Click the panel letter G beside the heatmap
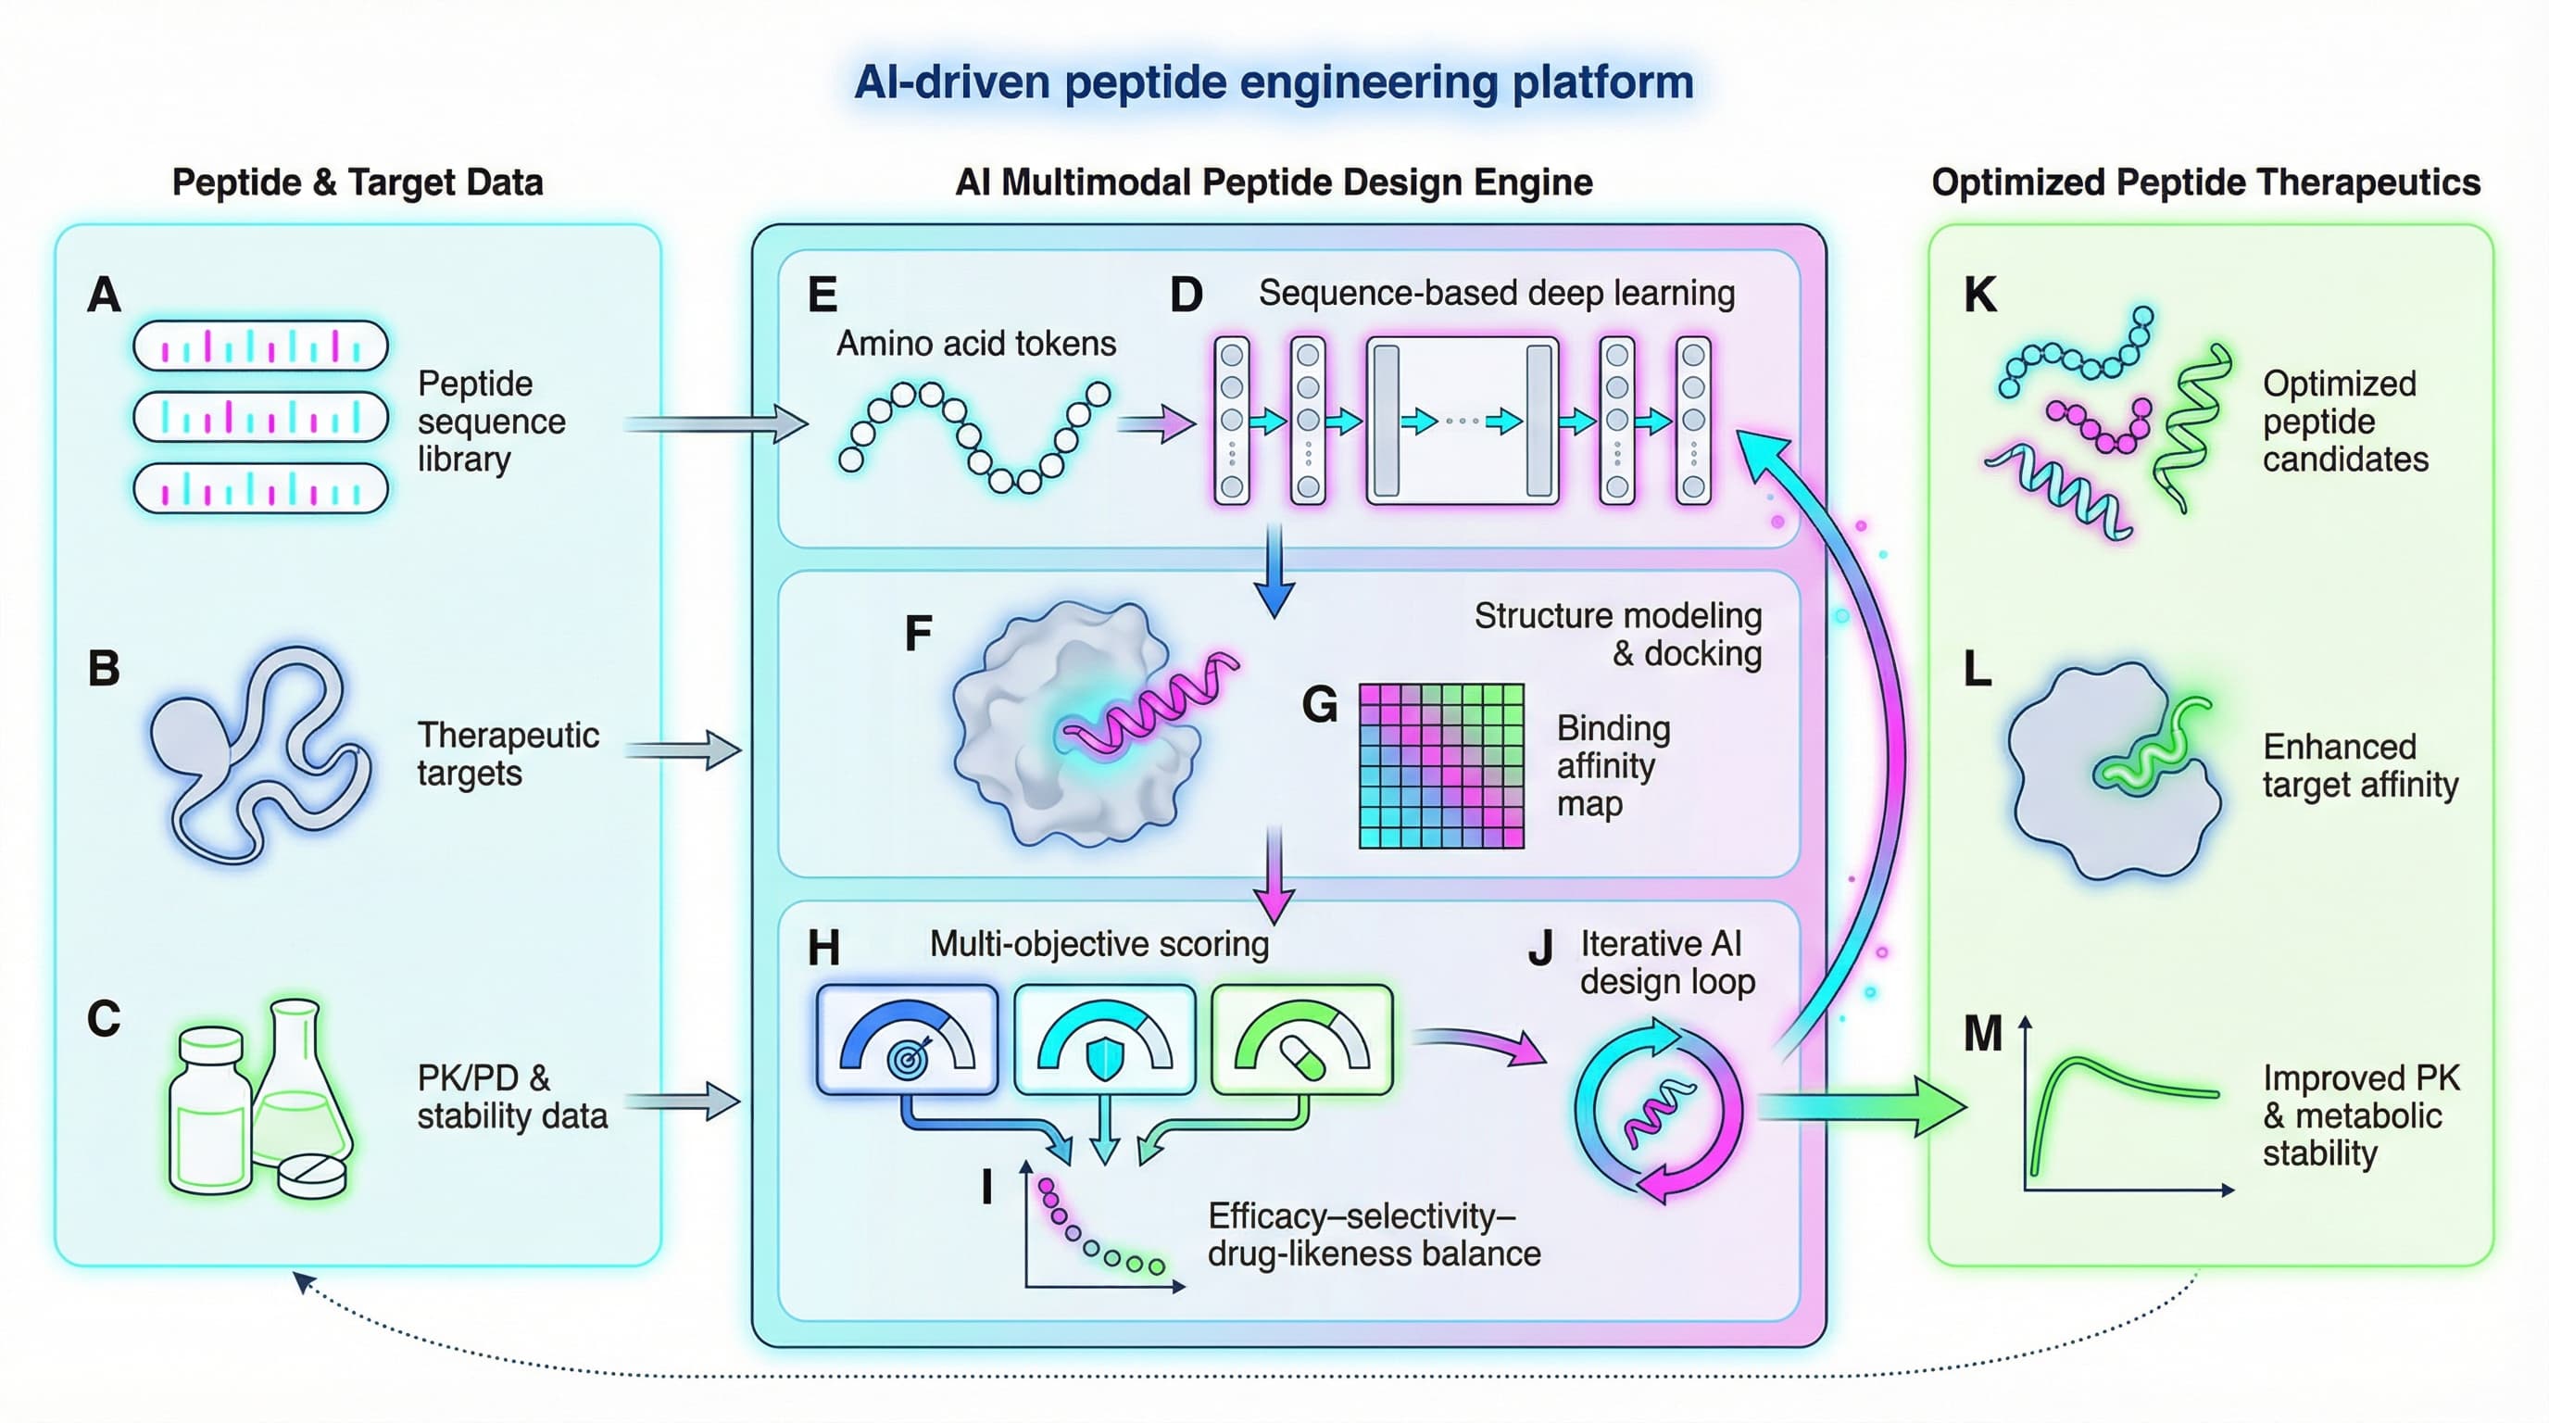click(1319, 706)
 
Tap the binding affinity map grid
click(1440, 765)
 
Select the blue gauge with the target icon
click(907, 1039)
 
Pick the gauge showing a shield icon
click(1104, 1039)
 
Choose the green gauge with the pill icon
click(1302, 1039)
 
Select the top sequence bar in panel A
click(260, 346)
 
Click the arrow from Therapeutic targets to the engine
click(683, 749)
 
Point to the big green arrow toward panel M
click(1860, 1106)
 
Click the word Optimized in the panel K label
click(2340, 384)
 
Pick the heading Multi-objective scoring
click(1099, 944)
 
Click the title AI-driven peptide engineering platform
click(1274, 82)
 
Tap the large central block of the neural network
click(1462, 421)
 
